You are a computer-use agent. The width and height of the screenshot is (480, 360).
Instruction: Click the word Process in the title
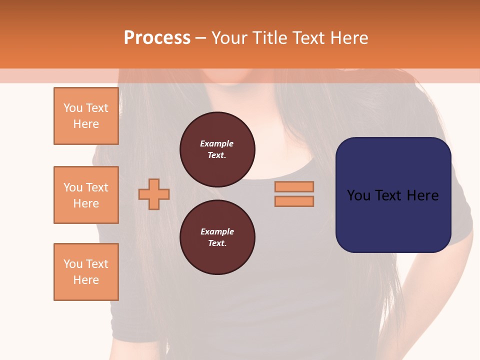tap(157, 37)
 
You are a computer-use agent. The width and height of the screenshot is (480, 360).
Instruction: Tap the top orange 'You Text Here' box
tap(86, 116)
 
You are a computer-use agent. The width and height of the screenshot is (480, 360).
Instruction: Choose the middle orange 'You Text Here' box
tap(86, 195)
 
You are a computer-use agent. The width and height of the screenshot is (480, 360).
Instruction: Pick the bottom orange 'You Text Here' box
tap(86, 272)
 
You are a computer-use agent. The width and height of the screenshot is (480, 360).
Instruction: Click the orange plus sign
tap(154, 194)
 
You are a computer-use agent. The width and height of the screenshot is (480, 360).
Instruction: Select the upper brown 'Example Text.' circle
tap(217, 149)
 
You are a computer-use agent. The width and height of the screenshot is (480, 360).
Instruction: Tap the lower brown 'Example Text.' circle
tap(217, 237)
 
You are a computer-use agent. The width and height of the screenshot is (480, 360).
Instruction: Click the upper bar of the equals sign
tap(294, 186)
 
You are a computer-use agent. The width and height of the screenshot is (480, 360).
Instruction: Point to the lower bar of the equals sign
tap(294, 201)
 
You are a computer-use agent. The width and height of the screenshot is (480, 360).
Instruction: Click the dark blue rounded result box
tap(393, 220)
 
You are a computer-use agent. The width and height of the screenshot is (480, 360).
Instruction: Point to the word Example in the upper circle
tap(217, 143)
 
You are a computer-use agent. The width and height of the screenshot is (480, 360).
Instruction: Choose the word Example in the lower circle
tap(217, 231)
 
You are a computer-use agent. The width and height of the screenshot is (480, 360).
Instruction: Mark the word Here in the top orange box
tap(86, 124)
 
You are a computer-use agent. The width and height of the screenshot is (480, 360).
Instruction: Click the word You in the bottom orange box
tap(73, 264)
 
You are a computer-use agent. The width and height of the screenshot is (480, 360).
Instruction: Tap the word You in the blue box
tap(358, 195)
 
